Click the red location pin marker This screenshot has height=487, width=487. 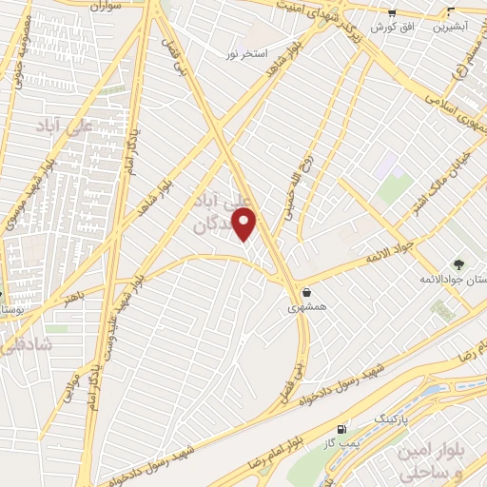pos(245,224)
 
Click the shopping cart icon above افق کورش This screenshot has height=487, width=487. pos(392,13)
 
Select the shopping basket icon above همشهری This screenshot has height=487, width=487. pos(307,293)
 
